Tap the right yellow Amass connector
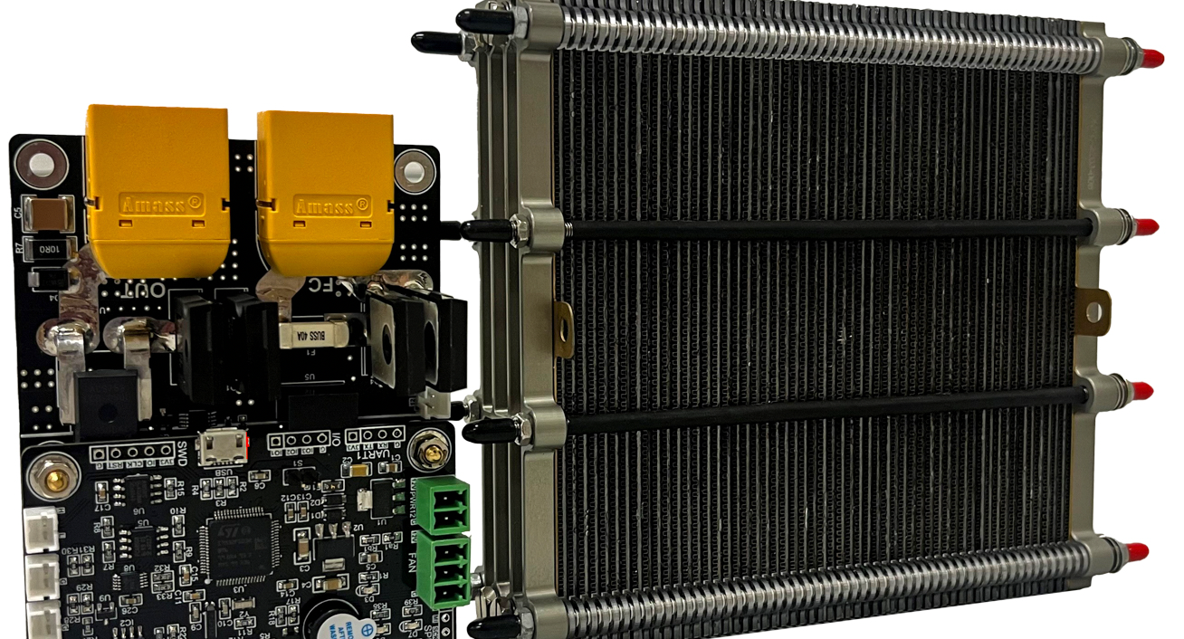tap(326, 195)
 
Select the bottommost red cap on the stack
tap(1136, 551)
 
